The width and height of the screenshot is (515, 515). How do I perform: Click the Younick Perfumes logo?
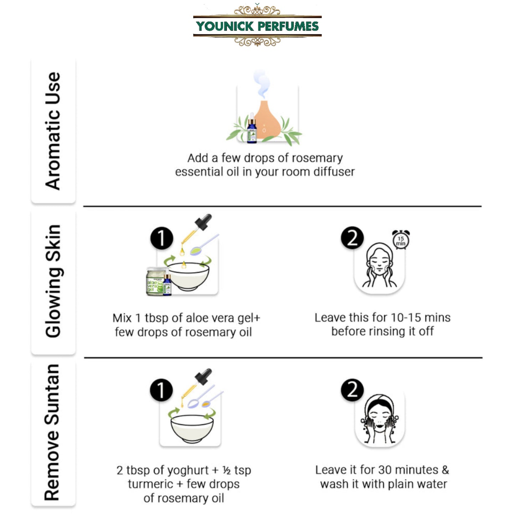(x=257, y=26)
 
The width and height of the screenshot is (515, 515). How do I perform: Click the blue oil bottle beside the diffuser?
(x=252, y=128)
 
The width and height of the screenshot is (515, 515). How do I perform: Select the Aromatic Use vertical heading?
(x=53, y=131)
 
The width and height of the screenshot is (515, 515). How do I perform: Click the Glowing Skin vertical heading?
(x=53, y=281)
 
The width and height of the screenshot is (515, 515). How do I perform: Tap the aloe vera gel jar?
(x=156, y=281)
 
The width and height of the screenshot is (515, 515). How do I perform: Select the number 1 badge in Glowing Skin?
(x=161, y=238)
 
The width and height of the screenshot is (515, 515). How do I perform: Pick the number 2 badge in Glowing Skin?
(x=352, y=238)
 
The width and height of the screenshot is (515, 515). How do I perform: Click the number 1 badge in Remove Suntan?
(x=161, y=390)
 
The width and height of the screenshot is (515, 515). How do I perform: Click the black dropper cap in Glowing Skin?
(x=203, y=222)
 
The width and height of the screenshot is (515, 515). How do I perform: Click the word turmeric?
(x=150, y=484)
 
